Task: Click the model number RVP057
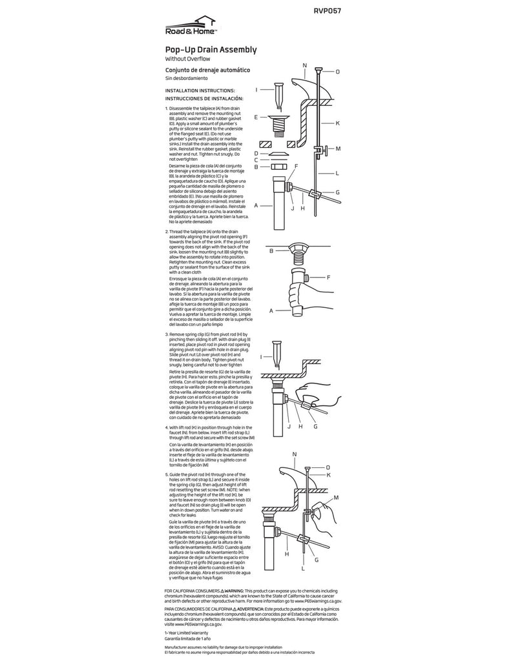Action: point(328,10)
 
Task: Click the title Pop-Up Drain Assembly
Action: point(211,50)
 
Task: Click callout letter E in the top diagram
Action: point(256,118)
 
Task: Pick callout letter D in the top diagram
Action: point(256,153)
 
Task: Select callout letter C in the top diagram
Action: point(256,159)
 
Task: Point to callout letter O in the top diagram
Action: point(337,72)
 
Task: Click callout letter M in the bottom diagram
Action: point(336,498)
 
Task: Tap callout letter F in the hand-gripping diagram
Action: point(328,278)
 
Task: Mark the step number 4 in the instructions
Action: point(167,427)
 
